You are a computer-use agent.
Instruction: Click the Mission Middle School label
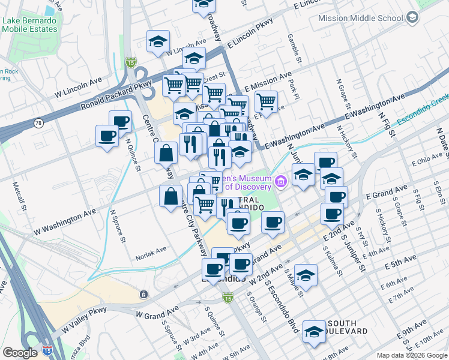click(360, 18)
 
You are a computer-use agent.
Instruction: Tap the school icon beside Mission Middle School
click(412, 18)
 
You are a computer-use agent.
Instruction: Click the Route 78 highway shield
click(38, 123)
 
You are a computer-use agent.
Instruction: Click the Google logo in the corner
click(20, 353)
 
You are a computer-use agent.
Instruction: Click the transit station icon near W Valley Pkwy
click(143, 294)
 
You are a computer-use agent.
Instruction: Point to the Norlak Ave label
click(151, 250)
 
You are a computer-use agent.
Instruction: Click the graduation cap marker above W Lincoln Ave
click(158, 42)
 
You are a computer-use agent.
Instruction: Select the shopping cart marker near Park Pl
click(266, 101)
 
